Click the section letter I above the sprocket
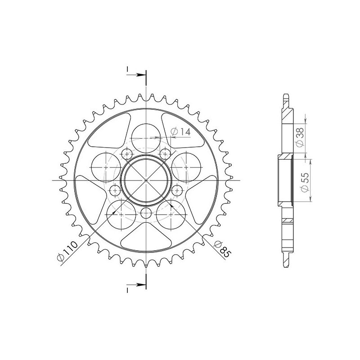[128, 69]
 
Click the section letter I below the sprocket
[128, 288]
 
